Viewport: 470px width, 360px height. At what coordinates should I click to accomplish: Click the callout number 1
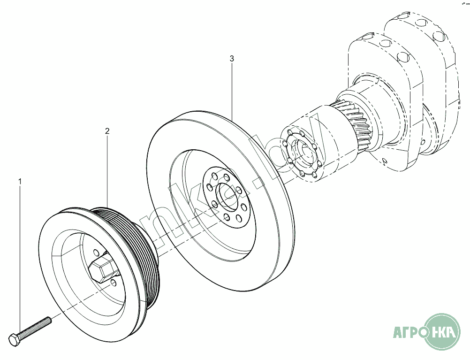point(20,181)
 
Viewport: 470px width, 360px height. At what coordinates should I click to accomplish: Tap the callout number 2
point(107,131)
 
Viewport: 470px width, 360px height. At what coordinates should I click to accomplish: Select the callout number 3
point(232,59)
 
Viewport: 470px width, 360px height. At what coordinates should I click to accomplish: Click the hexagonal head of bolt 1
point(15,339)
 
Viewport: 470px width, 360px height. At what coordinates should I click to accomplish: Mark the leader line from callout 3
point(232,89)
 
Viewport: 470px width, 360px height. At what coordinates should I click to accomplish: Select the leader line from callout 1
point(20,258)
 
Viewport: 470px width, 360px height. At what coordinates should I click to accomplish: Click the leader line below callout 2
point(107,169)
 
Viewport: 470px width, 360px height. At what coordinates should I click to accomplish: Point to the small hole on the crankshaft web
point(385,161)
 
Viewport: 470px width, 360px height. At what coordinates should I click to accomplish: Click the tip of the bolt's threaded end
point(50,320)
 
